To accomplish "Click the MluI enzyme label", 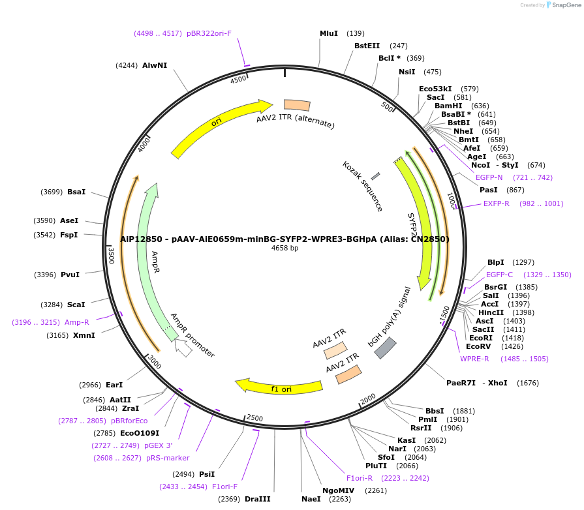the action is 329,33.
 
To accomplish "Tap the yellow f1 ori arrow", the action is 280,387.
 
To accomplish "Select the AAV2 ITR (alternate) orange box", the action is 297,105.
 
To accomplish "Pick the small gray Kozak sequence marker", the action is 375,176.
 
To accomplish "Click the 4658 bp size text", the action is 284,248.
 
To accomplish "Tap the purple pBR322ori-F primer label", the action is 209,33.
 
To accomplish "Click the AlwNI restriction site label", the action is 155,65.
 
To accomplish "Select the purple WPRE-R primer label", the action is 474,359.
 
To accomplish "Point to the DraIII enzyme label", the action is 258,499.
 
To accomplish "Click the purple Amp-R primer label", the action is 77,322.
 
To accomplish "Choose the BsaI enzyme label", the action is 76,192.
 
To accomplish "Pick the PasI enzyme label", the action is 489,190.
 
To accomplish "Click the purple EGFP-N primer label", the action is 489,177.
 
